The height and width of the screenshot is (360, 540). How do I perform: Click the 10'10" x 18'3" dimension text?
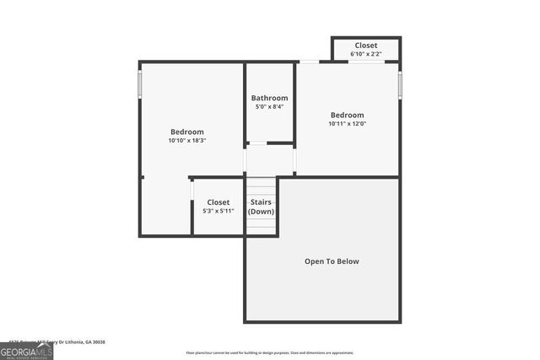click(187, 141)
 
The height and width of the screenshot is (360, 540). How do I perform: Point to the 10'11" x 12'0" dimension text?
click(347, 124)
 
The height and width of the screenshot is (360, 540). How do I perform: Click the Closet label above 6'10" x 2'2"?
click(365, 46)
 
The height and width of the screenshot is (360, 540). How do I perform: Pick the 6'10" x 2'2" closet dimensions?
click(365, 54)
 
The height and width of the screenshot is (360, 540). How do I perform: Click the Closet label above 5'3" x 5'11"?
click(218, 202)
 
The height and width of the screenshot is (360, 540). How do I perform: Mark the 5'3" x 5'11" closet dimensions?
click(218, 211)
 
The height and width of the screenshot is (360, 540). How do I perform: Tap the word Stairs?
click(261, 202)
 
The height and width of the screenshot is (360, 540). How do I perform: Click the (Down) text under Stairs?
click(261, 212)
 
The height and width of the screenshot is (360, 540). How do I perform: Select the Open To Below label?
click(332, 261)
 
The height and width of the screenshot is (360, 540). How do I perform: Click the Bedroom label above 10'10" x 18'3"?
click(187, 132)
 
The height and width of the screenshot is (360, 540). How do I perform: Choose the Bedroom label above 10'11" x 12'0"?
click(347, 115)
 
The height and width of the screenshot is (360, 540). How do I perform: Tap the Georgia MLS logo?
click(26, 352)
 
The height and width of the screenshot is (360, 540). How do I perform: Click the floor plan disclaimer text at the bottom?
click(270, 352)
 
